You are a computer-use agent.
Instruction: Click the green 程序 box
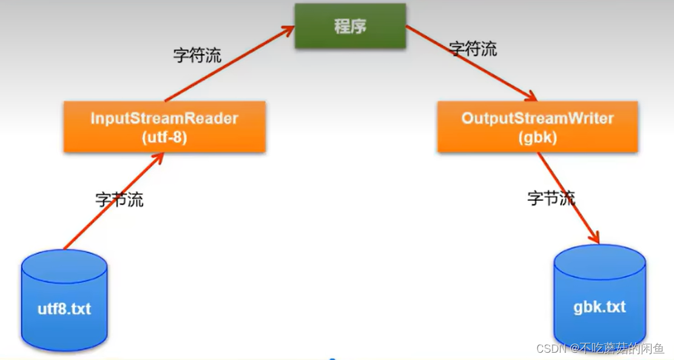click(x=350, y=26)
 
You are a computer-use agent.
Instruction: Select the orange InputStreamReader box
click(x=164, y=126)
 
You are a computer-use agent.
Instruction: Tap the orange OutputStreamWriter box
click(x=538, y=126)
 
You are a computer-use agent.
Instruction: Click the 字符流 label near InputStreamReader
click(x=197, y=55)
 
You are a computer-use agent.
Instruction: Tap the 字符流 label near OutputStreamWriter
click(x=473, y=48)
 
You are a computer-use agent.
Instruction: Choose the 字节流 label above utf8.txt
click(x=120, y=199)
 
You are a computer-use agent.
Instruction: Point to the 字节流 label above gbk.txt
click(x=551, y=198)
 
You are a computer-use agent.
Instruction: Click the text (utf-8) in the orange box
click(x=164, y=137)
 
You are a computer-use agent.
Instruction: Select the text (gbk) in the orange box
click(x=538, y=137)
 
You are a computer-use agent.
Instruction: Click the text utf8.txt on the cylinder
click(x=64, y=308)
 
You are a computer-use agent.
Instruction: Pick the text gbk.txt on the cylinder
click(x=599, y=307)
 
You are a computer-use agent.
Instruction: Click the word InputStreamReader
click(x=164, y=118)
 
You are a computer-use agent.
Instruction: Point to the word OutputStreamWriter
click(x=538, y=118)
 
